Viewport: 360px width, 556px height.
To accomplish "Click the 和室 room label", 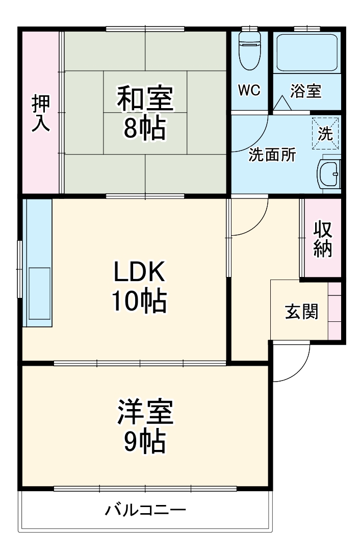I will [145, 99].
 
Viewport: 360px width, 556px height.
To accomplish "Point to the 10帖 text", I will [139, 303].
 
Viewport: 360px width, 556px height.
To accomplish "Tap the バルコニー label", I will [145, 510].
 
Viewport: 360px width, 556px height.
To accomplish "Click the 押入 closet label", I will [41, 113].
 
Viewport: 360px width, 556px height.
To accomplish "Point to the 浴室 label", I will [306, 91].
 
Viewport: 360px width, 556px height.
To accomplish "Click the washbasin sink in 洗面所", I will [329, 174].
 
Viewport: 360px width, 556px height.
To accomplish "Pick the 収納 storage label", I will [323, 239].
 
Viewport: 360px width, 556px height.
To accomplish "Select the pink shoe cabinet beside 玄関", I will [334, 310].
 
